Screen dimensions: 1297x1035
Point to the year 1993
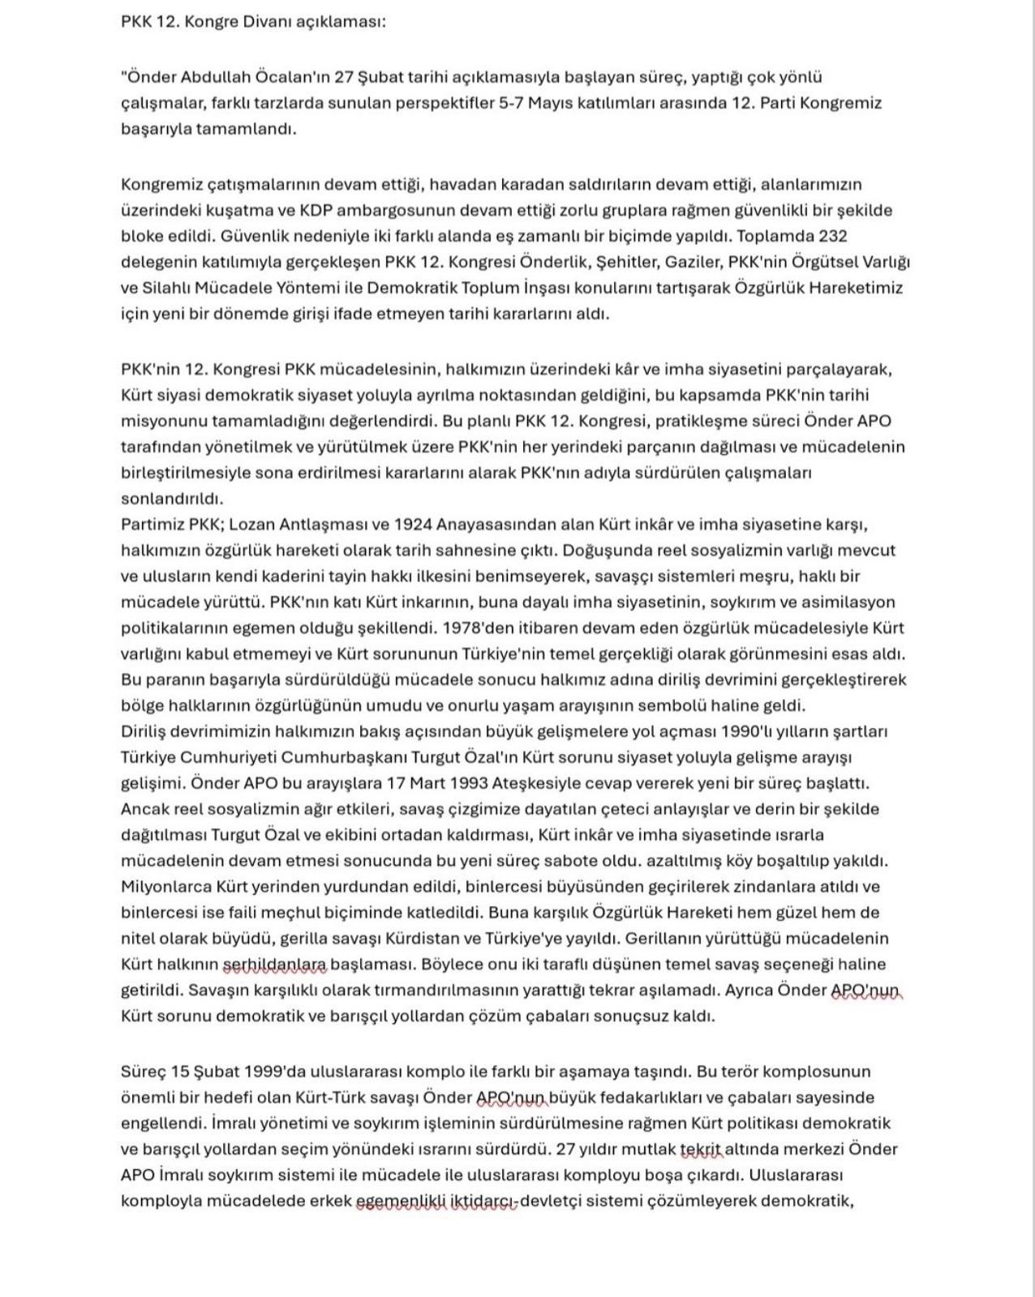(463, 784)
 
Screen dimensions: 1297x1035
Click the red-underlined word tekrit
(701, 1149)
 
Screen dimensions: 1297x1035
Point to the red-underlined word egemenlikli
(401, 1201)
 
